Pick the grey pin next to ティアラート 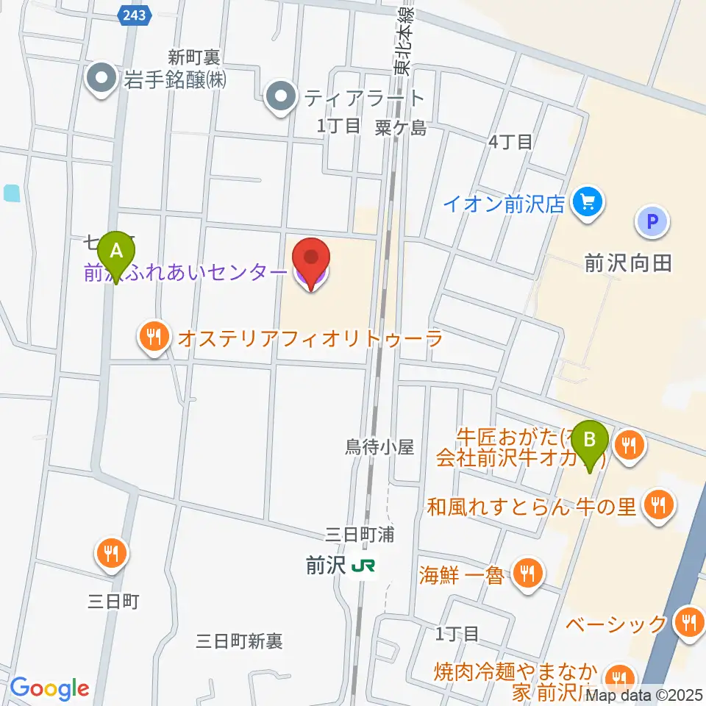pyautogui.click(x=279, y=97)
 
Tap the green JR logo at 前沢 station pyautogui.click(x=363, y=566)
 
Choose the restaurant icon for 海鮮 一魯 pyautogui.click(x=526, y=571)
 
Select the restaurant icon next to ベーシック pyautogui.click(x=689, y=622)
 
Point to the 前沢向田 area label pyautogui.click(x=629, y=263)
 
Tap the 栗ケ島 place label pyautogui.click(x=400, y=127)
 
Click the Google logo pyautogui.click(x=49, y=689)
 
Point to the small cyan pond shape pyautogui.click(x=12, y=193)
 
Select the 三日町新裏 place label pyautogui.click(x=240, y=641)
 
